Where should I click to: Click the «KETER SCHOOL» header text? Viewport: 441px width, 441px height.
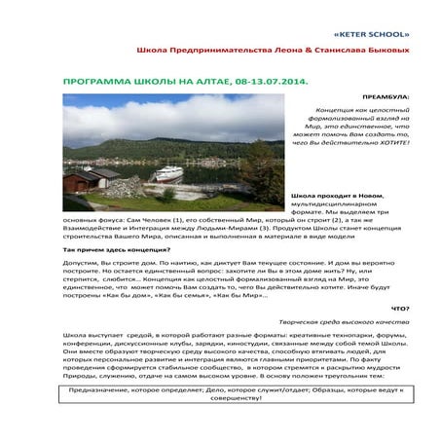(392, 18)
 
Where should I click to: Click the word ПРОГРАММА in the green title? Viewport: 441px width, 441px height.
(87, 84)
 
